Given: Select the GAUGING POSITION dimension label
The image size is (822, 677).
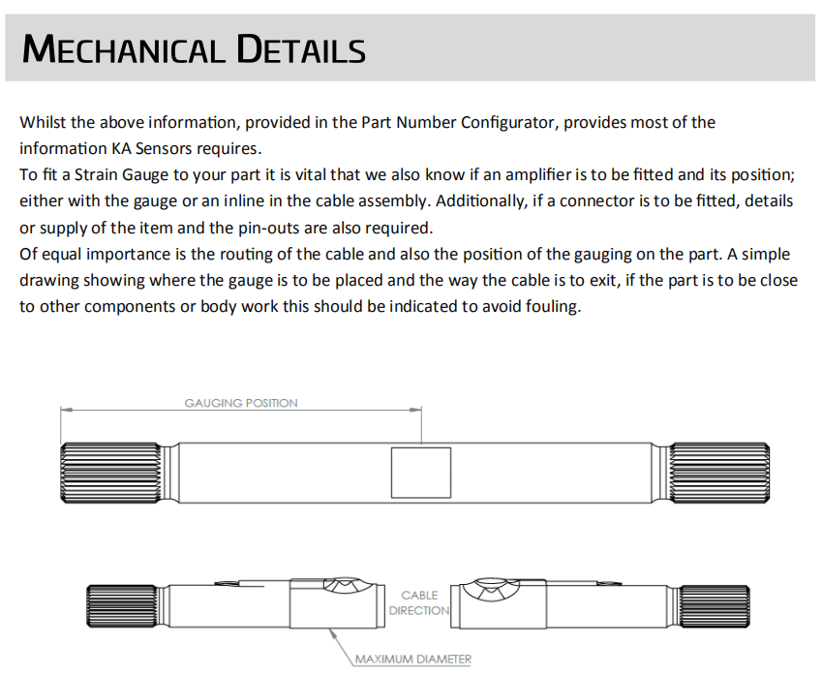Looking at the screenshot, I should [241, 403].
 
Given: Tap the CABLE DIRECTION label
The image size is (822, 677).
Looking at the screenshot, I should [419, 602].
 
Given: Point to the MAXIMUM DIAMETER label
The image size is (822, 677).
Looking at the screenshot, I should [413, 660].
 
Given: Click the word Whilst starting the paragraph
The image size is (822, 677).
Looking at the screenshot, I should [42, 123].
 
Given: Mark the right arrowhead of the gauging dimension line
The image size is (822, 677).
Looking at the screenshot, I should [419, 411].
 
